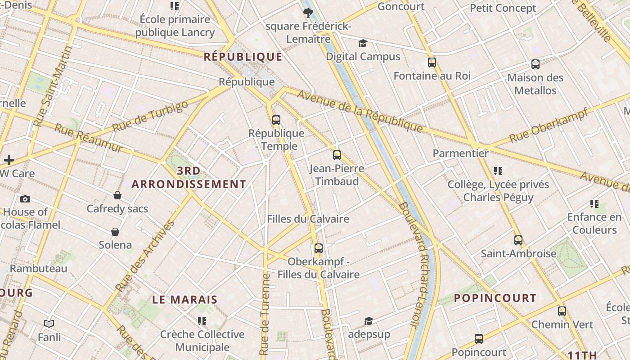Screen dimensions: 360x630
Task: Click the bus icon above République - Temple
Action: click(x=276, y=120)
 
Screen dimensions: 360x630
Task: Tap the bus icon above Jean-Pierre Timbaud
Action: click(x=337, y=155)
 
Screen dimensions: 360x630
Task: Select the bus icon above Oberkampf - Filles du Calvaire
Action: click(x=319, y=248)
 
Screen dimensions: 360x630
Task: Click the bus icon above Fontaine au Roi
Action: click(x=432, y=63)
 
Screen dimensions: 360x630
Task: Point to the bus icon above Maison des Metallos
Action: click(x=535, y=64)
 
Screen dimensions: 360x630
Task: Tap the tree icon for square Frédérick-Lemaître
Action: click(x=308, y=13)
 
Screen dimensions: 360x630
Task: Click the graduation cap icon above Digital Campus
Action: click(x=363, y=43)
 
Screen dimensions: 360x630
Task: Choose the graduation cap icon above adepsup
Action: click(x=369, y=321)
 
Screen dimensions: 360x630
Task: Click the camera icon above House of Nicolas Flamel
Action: click(x=25, y=199)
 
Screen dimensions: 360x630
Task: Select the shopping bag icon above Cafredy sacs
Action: click(x=117, y=195)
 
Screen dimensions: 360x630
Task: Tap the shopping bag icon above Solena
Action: click(x=116, y=232)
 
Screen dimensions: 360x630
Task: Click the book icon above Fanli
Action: click(x=49, y=324)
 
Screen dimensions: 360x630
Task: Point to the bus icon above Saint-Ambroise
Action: click(x=518, y=240)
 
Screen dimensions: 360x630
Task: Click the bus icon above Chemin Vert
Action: click(x=562, y=311)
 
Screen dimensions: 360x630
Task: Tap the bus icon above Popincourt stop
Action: click(x=479, y=339)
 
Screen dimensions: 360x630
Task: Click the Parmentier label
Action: click(x=460, y=153)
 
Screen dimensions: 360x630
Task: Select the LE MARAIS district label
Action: click(x=185, y=300)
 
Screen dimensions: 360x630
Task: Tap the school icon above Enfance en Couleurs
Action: click(x=594, y=204)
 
